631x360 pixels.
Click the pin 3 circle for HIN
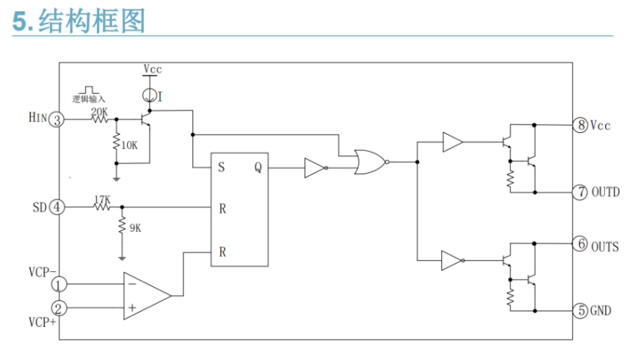58,120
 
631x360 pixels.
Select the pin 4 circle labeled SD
58,207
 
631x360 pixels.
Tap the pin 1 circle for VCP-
59,285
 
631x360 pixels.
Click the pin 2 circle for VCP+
59,307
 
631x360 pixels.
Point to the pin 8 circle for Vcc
580,125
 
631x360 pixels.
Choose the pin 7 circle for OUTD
580,192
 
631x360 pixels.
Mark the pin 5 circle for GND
580,310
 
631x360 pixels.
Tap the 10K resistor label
129,145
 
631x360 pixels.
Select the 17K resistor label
103,200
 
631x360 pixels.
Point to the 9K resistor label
134,227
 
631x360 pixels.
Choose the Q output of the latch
257,168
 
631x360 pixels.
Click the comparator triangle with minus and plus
145,296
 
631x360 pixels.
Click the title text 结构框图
91,22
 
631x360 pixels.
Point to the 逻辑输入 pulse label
89,99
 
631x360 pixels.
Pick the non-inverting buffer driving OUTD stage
452,143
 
